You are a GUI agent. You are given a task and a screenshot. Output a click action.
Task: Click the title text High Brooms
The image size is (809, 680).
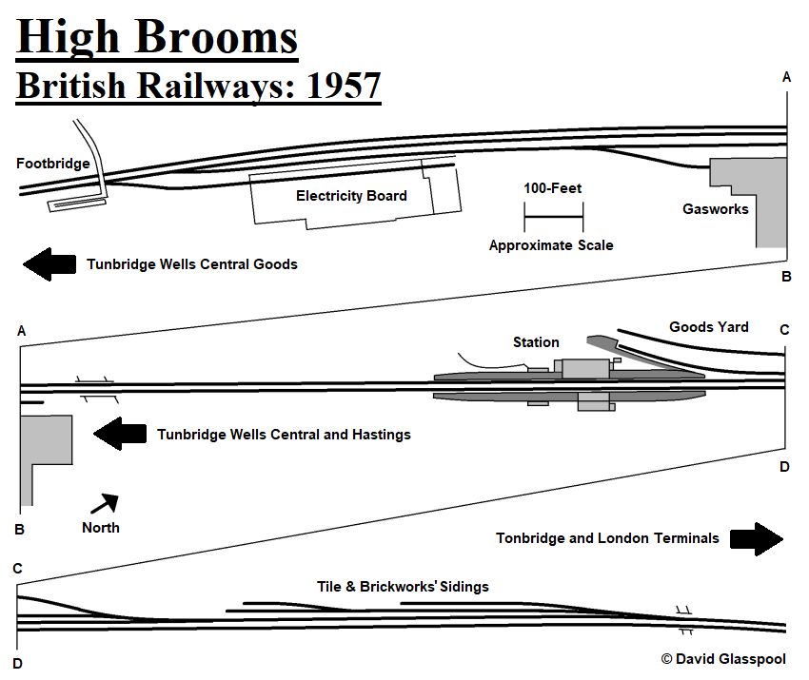157,37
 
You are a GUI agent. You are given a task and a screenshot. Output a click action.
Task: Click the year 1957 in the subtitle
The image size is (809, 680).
343,86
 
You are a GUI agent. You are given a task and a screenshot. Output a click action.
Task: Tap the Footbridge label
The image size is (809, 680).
53,164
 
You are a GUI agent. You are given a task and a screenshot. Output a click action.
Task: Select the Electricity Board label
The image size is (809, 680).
351,196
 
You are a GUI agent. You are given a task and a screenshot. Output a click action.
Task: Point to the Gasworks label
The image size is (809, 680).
716,208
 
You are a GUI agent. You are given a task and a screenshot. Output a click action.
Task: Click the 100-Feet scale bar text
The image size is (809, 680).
552,188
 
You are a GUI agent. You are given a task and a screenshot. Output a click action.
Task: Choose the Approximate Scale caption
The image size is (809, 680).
551,245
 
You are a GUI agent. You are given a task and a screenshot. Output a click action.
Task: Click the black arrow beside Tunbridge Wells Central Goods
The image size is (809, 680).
49,263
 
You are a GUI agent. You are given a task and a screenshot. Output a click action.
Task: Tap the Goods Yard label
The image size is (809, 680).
708,327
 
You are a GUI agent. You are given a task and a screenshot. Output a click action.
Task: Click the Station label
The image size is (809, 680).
536,342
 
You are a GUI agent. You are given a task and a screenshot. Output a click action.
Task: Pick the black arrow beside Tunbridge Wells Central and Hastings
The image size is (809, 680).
120,435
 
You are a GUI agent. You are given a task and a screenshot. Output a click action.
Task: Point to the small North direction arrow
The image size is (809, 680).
106,501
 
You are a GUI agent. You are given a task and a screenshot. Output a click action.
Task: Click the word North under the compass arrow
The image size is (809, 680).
101,527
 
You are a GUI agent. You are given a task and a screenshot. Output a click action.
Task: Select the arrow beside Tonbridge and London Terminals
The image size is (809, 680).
757,538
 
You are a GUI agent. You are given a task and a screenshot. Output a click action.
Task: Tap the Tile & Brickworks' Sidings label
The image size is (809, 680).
403,587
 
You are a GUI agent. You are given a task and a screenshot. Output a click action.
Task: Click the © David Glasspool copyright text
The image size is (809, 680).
723,658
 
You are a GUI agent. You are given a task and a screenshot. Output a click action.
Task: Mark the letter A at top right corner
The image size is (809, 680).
786,78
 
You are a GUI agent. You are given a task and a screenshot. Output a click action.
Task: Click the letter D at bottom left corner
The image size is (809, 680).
17,663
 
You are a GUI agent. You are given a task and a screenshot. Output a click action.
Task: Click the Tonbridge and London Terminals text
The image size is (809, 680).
607,538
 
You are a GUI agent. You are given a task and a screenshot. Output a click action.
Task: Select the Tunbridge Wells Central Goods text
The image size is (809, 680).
192,264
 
